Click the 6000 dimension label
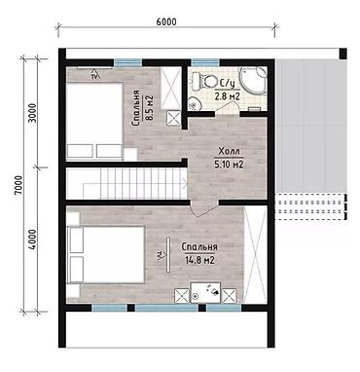166,21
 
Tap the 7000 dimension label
18,185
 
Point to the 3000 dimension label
32,113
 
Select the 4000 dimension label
32,240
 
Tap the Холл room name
230,152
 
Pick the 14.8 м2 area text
199,260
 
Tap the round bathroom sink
195,104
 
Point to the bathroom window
205,62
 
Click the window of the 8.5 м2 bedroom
128,62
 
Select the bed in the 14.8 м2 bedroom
105,255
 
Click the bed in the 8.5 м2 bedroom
94,121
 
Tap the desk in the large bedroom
205,293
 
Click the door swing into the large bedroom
204,208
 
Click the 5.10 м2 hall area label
230,165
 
